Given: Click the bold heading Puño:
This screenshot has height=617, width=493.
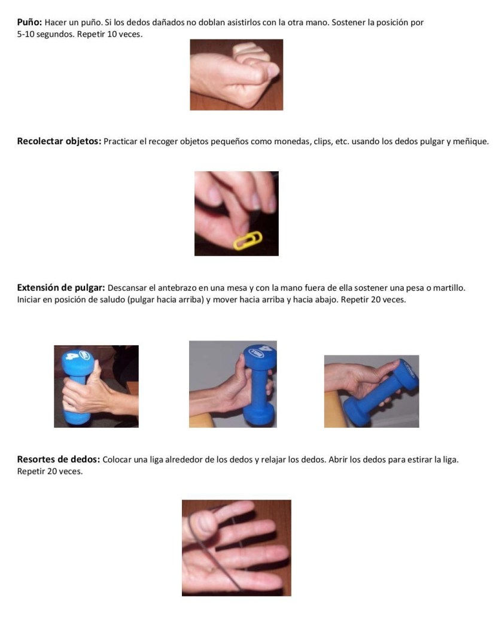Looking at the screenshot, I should tap(30, 22).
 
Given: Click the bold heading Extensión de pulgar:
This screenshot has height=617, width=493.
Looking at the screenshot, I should tap(61, 288).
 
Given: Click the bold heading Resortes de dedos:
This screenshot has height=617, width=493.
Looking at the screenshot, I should tap(59, 460).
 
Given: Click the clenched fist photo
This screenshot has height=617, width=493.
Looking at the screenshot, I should tap(236, 75).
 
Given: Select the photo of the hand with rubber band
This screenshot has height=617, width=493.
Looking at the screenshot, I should tap(236, 548).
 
